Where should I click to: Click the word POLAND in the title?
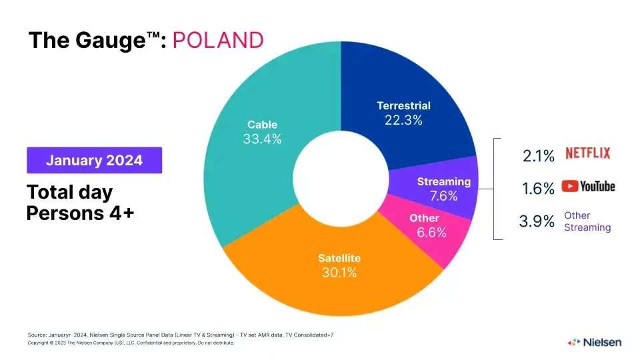(x=218, y=40)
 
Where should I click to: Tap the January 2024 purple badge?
(x=94, y=161)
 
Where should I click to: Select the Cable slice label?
(x=262, y=125)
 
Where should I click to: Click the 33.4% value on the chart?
(x=262, y=139)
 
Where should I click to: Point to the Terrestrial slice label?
(x=403, y=105)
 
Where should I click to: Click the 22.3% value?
(x=403, y=121)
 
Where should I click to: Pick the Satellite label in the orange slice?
(x=339, y=258)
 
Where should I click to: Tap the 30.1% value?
(x=339, y=273)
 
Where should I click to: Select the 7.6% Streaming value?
(x=443, y=197)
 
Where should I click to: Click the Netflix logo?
(x=587, y=153)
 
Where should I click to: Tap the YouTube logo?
(x=587, y=186)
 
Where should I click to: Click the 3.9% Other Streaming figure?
(x=537, y=221)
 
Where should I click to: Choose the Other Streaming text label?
(x=587, y=221)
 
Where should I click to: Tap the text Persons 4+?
(x=81, y=214)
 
